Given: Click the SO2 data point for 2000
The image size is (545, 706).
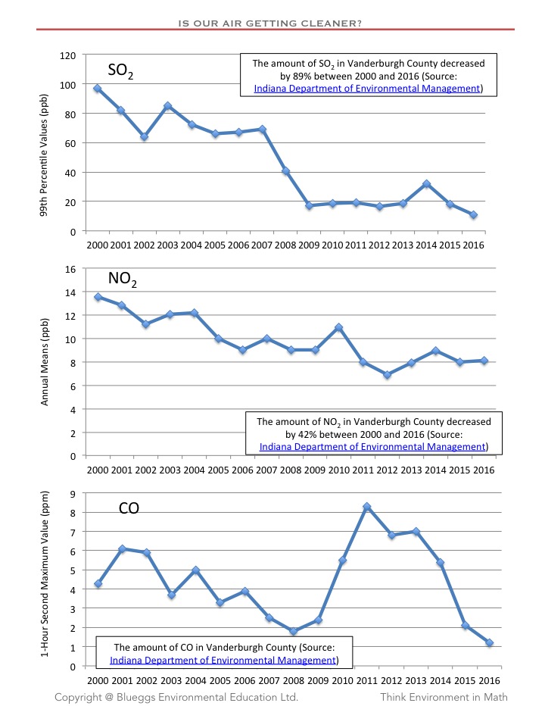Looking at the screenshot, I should coord(98,89).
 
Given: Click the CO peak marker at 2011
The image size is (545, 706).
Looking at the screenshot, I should coord(367,507).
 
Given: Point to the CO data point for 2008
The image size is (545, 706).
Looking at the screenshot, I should coord(294,631).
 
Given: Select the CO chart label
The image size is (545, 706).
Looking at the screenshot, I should coord(130,508).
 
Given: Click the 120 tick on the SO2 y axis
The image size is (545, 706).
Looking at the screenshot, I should coord(69,55).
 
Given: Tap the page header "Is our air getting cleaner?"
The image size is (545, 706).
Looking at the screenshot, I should coord(269,23).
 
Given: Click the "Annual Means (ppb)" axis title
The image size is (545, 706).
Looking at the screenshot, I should coord(45,362).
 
